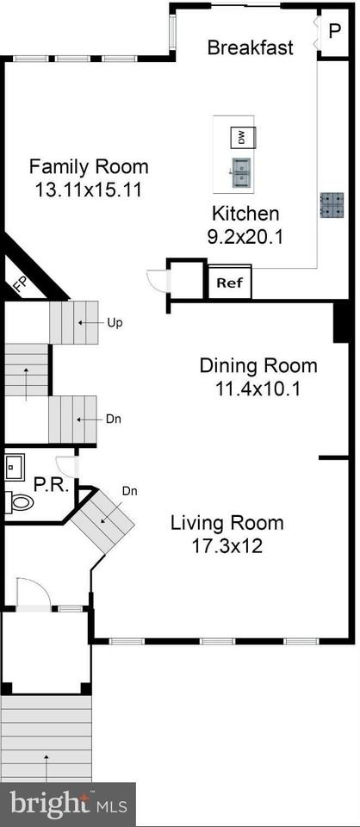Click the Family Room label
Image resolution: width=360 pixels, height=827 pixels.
pos(89,166)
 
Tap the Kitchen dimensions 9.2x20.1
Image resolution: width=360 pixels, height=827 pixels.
pos(245,236)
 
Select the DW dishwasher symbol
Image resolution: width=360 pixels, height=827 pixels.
pos(243,138)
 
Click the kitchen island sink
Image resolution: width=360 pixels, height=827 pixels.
pos(240,172)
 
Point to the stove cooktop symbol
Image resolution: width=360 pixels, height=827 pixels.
pos(332,205)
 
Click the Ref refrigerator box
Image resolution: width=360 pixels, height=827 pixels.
pos(230,283)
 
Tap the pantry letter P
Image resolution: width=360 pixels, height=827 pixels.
pos(335,31)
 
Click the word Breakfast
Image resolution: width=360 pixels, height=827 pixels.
pos(251,47)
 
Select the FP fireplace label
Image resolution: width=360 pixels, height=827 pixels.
pos(21,285)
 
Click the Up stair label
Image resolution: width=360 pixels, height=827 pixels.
pos(115,323)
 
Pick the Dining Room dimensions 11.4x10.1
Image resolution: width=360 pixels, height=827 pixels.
pos(258,389)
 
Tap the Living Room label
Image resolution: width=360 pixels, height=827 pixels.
pos(227,523)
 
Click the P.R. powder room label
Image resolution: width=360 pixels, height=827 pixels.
pos(51,484)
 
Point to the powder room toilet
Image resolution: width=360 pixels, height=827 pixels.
pos(19,502)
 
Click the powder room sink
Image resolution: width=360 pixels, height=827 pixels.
pos(14,466)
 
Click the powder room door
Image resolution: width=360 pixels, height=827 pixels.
pos(66,466)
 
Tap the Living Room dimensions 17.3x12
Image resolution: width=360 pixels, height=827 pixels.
pos(227,546)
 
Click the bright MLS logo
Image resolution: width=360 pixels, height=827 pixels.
pos(67,805)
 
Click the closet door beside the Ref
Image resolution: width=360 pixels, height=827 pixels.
pos(157,280)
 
